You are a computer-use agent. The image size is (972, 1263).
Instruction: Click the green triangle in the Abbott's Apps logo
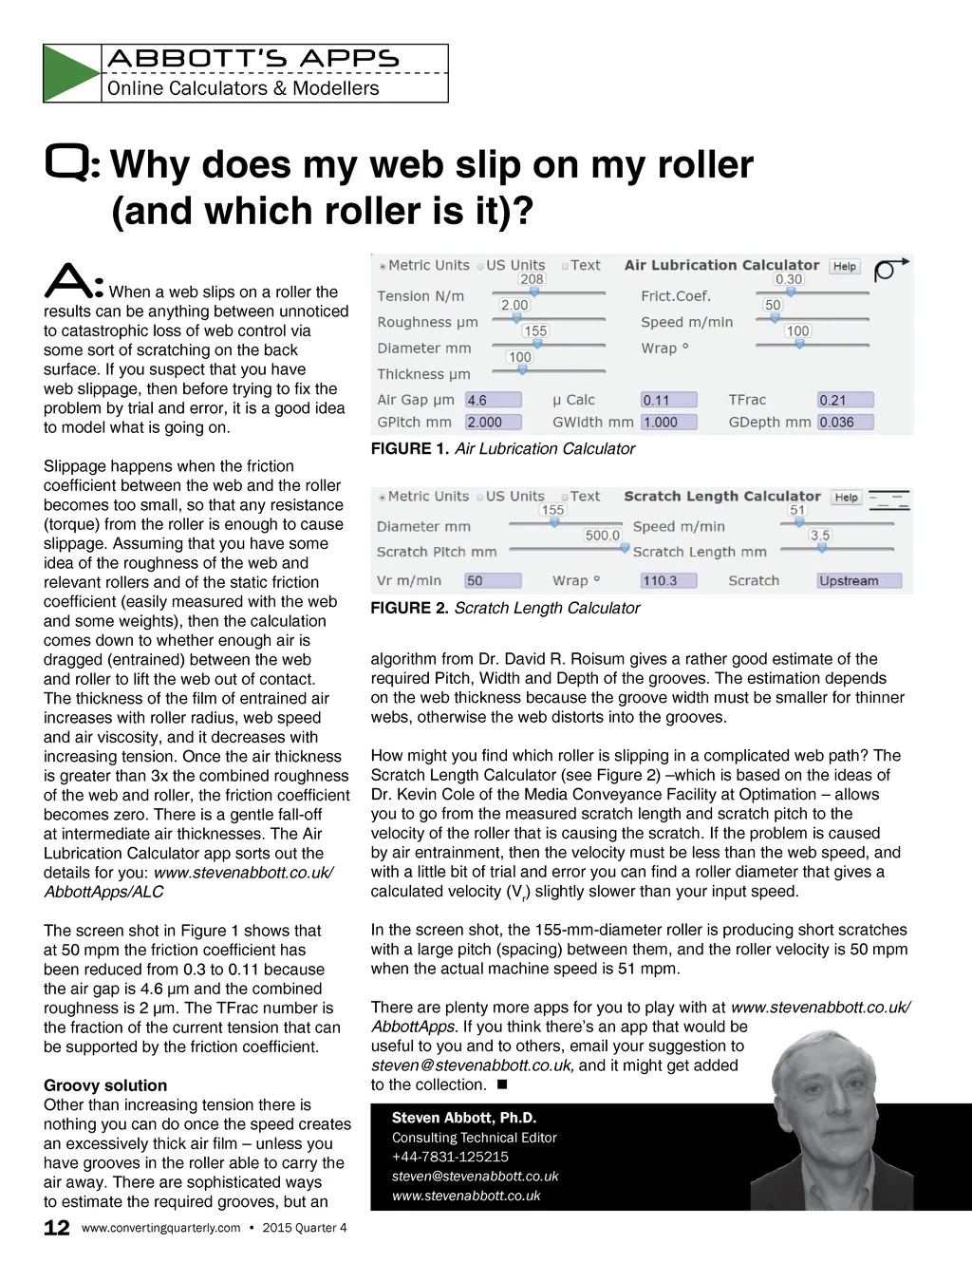click(x=69, y=73)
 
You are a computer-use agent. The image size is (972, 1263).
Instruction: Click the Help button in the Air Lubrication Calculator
click(x=844, y=267)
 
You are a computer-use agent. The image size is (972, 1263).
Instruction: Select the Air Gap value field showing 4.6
click(x=493, y=400)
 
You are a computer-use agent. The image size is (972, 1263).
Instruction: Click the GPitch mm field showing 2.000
click(x=493, y=422)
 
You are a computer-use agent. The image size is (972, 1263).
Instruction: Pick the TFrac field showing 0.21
click(x=845, y=400)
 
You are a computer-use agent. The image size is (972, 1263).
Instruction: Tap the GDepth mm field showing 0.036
click(x=845, y=422)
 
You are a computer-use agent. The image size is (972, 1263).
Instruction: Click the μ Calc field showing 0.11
click(x=668, y=400)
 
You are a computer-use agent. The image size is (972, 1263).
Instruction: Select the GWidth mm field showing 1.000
click(x=668, y=422)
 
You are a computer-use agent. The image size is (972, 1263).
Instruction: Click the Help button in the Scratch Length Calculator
click(x=846, y=498)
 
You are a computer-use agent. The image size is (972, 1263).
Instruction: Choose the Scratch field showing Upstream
click(x=858, y=580)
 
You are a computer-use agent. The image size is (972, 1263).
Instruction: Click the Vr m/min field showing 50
click(x=493, y=580)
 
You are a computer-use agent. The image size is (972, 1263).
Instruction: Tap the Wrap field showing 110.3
click(x=668, y=580)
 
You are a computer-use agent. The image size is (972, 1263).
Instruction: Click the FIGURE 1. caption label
click(x=409, y=448)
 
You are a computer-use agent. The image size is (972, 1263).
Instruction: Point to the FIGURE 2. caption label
click(x=409, y=608)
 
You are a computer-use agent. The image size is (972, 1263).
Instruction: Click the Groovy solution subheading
click(x=105, y=1085)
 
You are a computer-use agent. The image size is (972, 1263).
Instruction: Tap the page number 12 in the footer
click(x=57, y=1227)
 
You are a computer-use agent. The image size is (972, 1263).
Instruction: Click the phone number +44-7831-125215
click(x=450, y=1157)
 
